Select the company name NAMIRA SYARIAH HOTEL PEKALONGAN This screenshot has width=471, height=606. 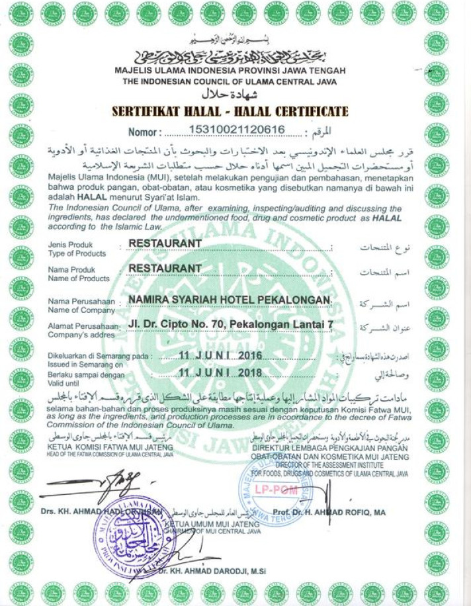pyautogui.click(x=229, y=300)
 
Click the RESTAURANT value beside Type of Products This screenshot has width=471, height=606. pyautogui.click(x=165, y=243)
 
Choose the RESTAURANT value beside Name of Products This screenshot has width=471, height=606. pyautogui.click(x=165, y=268)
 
